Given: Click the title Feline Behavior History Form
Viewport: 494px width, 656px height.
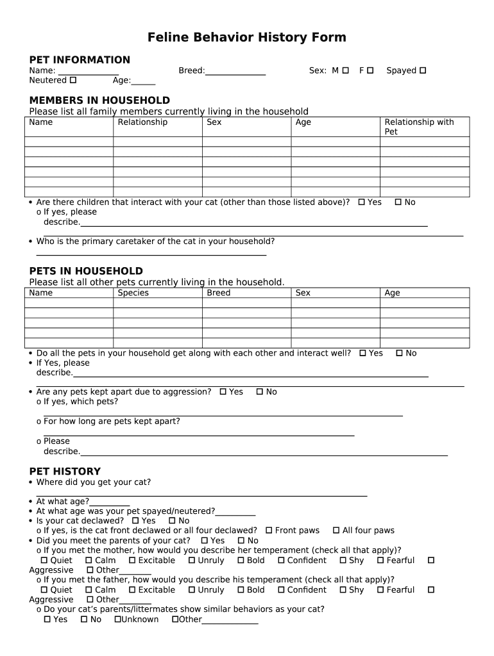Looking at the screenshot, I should tap(246, 38).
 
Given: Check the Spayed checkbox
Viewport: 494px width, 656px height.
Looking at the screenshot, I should tap(423, 70).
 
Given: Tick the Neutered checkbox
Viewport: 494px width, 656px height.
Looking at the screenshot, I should tap(73, 80).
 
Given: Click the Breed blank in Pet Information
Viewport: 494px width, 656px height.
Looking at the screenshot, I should tap(235, 72).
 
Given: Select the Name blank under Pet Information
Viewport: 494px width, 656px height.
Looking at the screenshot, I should tap(89, 72).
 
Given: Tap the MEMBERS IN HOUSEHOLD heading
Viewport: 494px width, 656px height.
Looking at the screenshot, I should tap(99, 101).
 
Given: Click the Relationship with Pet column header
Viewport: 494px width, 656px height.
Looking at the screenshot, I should tap(418, 127).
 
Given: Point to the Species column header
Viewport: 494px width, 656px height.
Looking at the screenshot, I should tap(133, 293).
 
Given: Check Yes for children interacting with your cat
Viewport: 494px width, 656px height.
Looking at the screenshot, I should tap(362, 202).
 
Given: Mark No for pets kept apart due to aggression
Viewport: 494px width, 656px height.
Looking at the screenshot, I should tap(260, 391).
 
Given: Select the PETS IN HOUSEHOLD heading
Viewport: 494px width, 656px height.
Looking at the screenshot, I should tap(86, 271).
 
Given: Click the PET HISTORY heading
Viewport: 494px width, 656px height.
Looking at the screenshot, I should tap(65, 471).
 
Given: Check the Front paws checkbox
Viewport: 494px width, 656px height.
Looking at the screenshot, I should tap(269, 530).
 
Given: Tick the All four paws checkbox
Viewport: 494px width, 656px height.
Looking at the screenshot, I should tap(336, 530).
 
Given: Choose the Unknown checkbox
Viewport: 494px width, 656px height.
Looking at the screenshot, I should tap(117, 619).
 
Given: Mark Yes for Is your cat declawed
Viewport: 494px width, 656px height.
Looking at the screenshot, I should tap(135, 521).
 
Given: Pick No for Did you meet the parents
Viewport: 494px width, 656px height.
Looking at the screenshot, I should tap(241, 541).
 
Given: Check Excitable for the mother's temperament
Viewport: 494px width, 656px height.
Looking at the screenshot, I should tap(132, 561).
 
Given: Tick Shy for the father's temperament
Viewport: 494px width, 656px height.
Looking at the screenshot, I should tap(343, 590).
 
